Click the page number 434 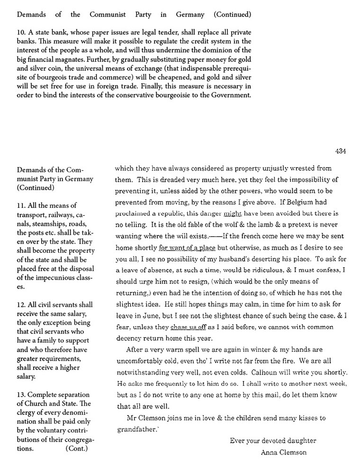point(340,151)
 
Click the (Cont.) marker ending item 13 point(77,449)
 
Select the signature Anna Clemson point(283,452)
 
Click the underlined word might point(232,213)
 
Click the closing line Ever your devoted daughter point(273,441)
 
